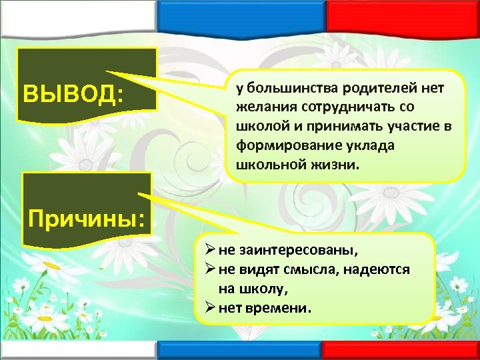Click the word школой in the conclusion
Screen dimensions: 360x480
[259, 126]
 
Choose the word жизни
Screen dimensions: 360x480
[336, 163]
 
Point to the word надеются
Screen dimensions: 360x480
[380, 271]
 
